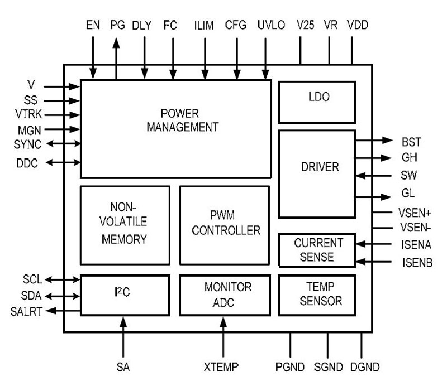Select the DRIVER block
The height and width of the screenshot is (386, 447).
pos(316,167)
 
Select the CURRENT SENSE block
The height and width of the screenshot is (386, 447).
pos(316,250)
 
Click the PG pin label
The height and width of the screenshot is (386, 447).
pos(118,25)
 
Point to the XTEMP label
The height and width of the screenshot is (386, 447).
pos(223,367)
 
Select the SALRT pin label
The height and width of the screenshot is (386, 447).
pos(28,311)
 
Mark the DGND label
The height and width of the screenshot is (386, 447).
pos(365,367)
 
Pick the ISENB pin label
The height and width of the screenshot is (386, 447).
pos(416,262)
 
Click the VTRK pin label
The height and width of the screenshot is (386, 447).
pos(28,115)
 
